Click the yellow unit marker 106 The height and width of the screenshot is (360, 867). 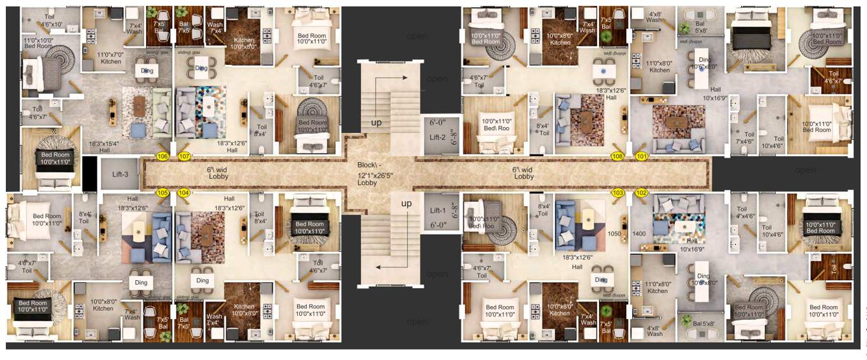point(162,156)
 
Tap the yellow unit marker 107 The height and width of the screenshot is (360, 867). point(184,156)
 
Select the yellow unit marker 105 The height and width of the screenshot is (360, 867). point(162,193)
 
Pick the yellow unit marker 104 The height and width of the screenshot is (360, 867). point(184,193)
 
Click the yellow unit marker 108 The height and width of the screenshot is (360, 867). point(618,156)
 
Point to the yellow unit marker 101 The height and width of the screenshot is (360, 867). point(642,156)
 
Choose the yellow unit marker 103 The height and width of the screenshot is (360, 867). point(618,193)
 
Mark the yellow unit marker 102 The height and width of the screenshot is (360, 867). point(642,193)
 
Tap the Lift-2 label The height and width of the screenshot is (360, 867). point(438,137)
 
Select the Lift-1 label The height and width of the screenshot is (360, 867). point(438,210)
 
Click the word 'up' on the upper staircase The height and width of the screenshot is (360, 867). point(376,122)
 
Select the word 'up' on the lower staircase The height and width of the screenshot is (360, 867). point(406,204)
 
